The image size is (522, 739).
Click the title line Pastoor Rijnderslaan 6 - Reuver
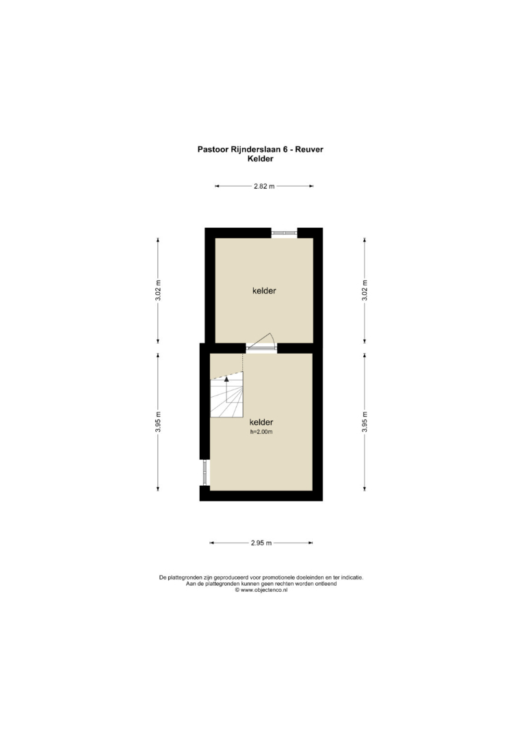[x=260, y=149]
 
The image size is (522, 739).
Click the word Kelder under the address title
[x=261, y=159]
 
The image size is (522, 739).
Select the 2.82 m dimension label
[x=264, y=186]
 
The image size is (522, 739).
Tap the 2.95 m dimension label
[x=261, y=543]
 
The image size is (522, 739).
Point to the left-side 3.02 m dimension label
[x=158, y=290]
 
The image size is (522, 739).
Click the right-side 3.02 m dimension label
[x=365, y=290]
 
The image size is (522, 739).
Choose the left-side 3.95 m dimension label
[x=158, y=422]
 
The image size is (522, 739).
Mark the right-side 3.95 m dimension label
[x=365, y=422]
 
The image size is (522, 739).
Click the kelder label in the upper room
[x=264, y=291]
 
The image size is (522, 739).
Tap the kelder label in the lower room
[x=261, y=422]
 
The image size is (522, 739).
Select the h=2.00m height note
[x=261, y=432]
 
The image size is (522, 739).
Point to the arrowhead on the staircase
[x=226, y=378]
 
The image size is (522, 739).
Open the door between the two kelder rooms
[x=261, y=343]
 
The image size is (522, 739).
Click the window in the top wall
[x=284, y=233]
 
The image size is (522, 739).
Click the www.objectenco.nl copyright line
[x=261, y=590]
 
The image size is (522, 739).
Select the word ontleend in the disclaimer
[x=326, y=584]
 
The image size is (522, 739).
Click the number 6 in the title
[x=285, y=149]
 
